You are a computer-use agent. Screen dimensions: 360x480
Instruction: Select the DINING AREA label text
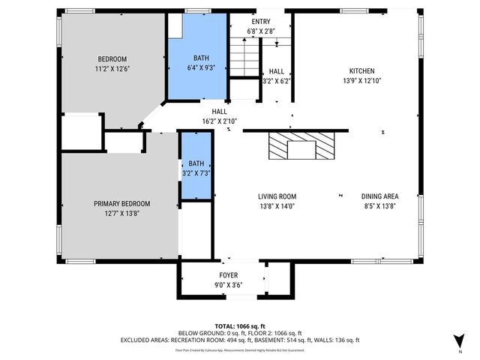381,196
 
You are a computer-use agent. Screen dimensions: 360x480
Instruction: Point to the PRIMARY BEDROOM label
121,203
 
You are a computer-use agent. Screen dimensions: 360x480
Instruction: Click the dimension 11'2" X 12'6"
112,69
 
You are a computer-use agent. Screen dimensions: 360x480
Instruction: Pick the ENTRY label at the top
260,22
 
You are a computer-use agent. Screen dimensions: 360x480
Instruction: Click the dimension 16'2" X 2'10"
219,120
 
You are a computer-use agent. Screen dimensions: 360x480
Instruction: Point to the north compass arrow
459,339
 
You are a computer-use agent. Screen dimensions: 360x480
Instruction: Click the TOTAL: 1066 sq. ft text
239,326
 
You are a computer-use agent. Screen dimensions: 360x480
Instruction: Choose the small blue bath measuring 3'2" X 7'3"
196,168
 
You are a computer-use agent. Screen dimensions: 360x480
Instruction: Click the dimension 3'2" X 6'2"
276,81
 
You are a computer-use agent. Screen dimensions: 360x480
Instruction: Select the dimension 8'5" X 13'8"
381,205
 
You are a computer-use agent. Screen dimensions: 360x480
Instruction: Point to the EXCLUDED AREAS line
239,340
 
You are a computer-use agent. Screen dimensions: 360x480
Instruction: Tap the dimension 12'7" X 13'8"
121,213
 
